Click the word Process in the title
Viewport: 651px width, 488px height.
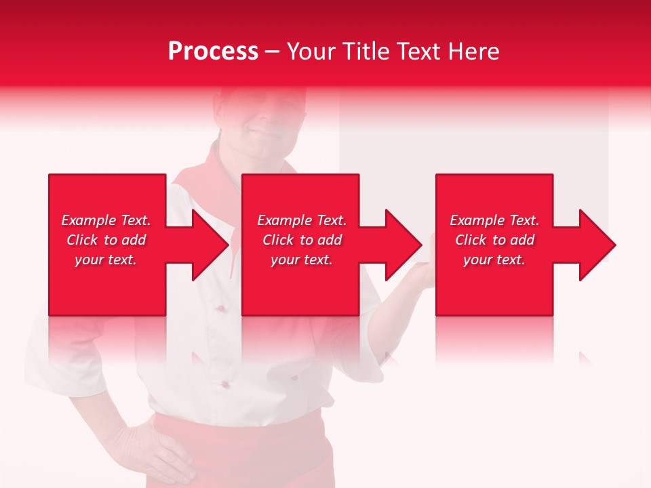click(x=213, y=52)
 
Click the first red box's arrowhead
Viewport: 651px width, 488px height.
click(x=207, y=245)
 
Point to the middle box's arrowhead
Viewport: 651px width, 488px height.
click(x=401, y=245)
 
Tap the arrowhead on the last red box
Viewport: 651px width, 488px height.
click(x=595, y=245)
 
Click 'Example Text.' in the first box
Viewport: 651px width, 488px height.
click(x=106, y=220)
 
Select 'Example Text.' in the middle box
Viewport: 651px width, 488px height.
click(x=302, y=220)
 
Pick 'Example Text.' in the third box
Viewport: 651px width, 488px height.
click(x=494, y=220)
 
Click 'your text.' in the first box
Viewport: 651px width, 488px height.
click(x=106, y=260)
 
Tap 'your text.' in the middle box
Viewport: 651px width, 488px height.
click(x=302, y=260)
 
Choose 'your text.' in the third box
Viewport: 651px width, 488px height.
click(x=494, y=260)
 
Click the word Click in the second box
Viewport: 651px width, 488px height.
click(x=279, y=240)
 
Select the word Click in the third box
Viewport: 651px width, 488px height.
click(x=471, y=240)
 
